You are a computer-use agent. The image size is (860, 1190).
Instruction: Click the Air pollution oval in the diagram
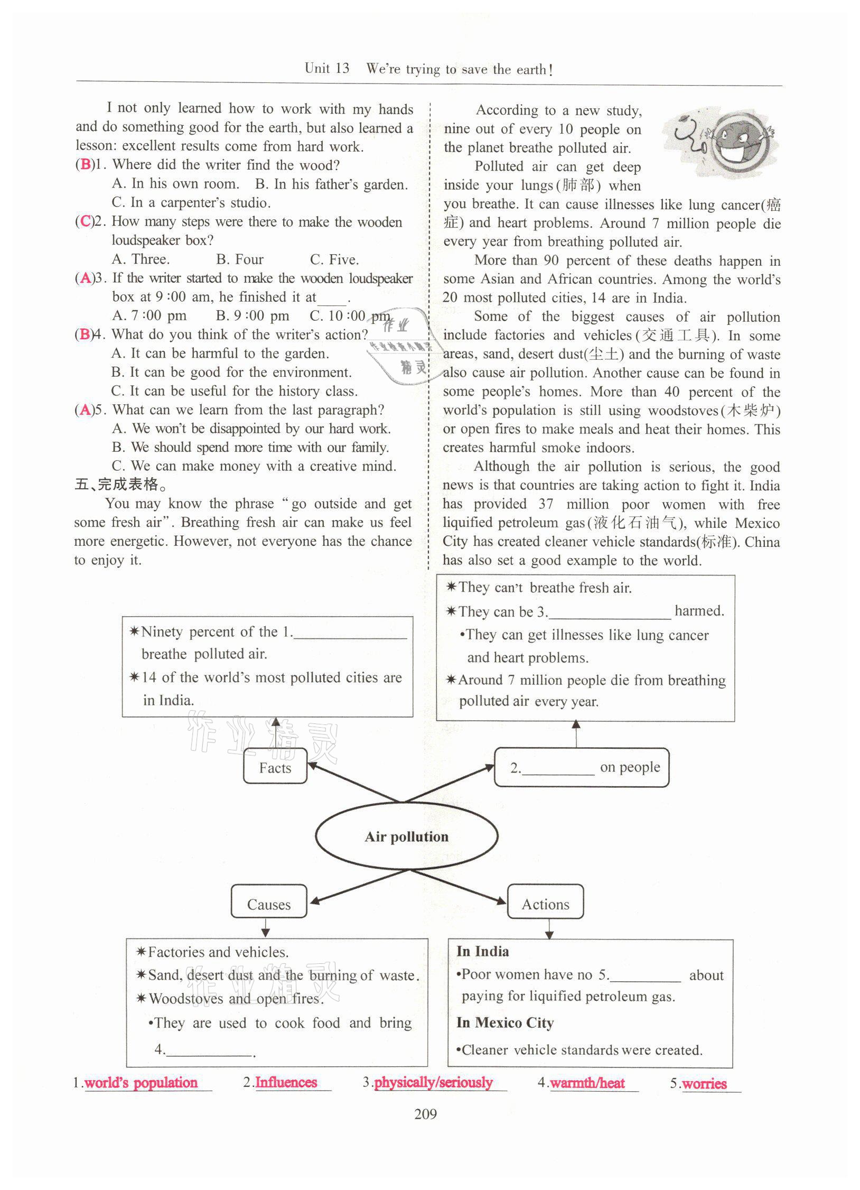(x=406, y=836)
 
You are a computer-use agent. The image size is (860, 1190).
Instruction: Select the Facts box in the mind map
(x=275, y=767)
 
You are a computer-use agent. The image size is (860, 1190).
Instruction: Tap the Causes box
(x=269, y=904)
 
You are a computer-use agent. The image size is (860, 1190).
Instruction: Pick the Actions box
(x=545, y=904)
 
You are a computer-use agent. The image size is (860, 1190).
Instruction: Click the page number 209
(x=426, y=1114)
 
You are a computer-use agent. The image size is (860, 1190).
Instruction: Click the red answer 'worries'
(x=704, y=1084)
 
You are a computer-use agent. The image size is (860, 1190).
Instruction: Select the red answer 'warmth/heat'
(x=587, y=1083)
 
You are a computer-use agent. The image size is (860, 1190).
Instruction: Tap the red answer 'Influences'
(x=286, y=1082)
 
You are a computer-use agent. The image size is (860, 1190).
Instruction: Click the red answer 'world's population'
(x=141, y=1082)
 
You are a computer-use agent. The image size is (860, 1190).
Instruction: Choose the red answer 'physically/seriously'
(x=433, y=1082)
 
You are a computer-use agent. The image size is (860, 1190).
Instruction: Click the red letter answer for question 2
(x=85, y=221)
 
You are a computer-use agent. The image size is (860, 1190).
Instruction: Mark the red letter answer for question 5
(x=85, y=410)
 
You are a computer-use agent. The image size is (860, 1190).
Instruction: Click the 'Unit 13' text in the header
(x=327, y=69)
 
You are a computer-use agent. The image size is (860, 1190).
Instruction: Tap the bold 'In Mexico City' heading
(x=505, y=1022)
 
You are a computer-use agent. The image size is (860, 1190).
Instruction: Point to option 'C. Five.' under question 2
(x=334, y=259)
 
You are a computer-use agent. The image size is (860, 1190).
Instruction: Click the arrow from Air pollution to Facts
(x=354, y=782)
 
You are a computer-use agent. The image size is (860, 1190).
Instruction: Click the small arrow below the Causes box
(x=266, y=928)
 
